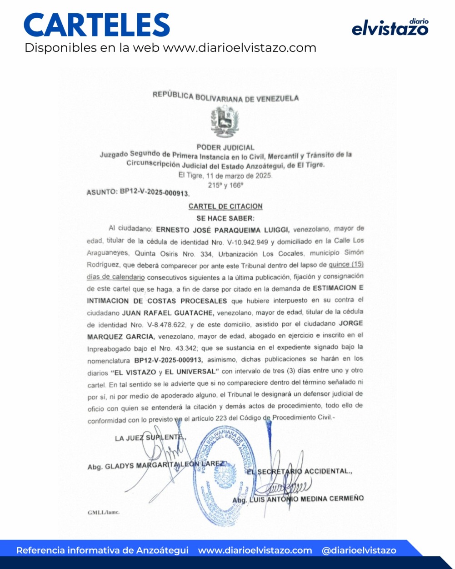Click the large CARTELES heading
click(x=97, y=25)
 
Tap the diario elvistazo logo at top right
click(x=390, y=28)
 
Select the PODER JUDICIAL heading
click(x=225, y=147)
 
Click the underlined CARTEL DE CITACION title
click(x=225, y=206)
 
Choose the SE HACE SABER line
click(x=225, y=218)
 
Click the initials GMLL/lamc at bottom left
click(x=103, y=512)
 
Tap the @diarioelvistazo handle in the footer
click(x=359, y=550)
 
